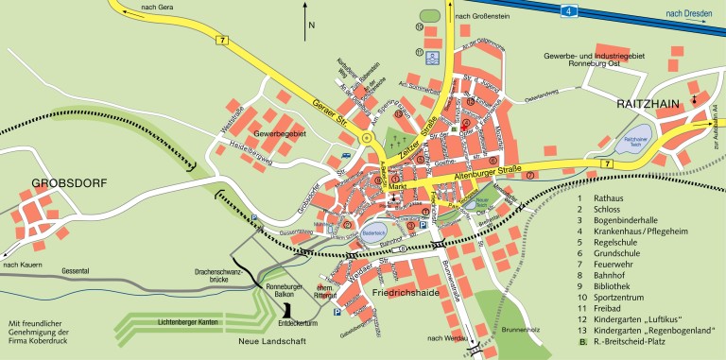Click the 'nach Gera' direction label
pyautogui.click(x=157, y=7)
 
